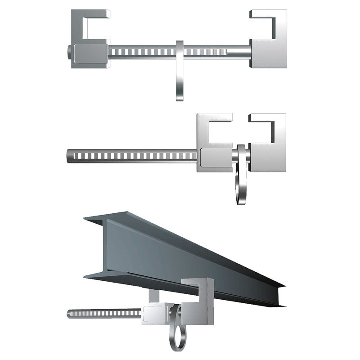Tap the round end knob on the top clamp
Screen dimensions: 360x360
(x=68, y=53)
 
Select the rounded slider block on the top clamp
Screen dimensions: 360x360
(x=90, y=54)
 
